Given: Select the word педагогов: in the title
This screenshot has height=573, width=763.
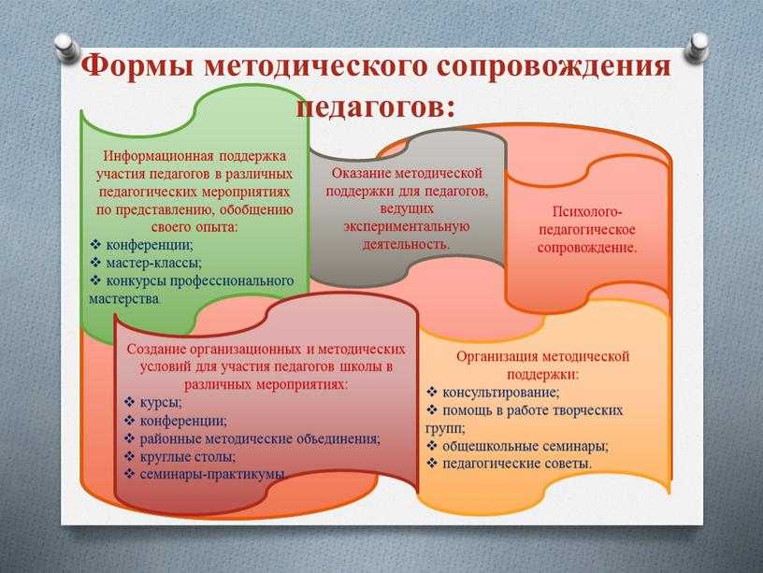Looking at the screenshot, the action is click(375, 107).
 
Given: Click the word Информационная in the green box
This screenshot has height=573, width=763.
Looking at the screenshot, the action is click(158, 156).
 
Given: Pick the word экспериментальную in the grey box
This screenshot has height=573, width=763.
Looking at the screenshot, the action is click(407, 226).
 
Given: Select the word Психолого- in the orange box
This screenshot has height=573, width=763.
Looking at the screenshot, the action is click(588, 212).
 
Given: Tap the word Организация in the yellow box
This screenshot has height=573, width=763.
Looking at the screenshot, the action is click(497, 356).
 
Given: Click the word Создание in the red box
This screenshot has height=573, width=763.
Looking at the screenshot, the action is click(156, 350).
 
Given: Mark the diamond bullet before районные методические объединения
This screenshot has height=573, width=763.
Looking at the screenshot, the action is click(129, 438).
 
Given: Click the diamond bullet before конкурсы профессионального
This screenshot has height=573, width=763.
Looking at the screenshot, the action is click(96, 279).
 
